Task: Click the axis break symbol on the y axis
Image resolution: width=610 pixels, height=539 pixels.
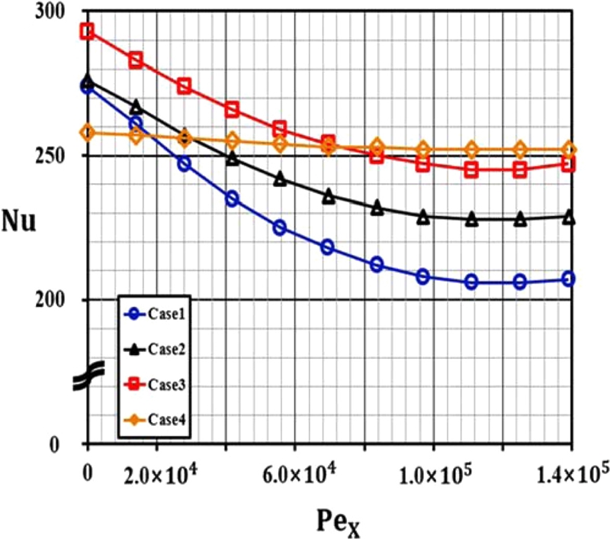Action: [86, 379]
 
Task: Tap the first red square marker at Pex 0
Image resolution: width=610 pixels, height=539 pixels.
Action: [88, 31]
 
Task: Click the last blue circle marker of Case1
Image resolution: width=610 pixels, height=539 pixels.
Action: [569, 279]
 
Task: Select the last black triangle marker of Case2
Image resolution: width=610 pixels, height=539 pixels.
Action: [569, 218]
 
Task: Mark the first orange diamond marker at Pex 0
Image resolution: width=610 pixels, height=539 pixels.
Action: [88, 133]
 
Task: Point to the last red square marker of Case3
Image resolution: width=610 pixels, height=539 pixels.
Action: [569, 164]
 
